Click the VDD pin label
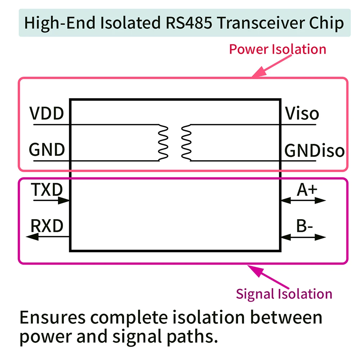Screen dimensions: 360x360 click(46, 114)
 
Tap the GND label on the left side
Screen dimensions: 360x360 click(47, 149)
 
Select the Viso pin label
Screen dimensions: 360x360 click(302, 114)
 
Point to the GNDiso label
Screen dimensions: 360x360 click(314, 150)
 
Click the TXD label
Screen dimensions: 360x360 click(47, 190)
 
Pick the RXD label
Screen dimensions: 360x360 click(47, 226)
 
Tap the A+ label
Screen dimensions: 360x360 click(306, 190)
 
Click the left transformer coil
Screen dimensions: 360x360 click(163, 143)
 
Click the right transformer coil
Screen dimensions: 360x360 click(186, 143)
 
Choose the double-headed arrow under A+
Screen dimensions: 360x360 click(303, 201)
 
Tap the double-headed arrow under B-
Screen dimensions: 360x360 click(303, 237)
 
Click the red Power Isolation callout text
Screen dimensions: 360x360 click(278, 49)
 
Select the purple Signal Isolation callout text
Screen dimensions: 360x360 click(284, 294)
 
